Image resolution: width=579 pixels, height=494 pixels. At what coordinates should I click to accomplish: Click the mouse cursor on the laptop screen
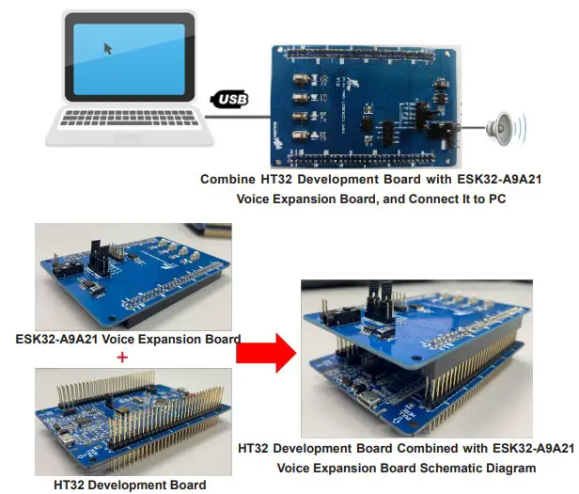108,48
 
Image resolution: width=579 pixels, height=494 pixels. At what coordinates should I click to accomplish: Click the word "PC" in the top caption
497,199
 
